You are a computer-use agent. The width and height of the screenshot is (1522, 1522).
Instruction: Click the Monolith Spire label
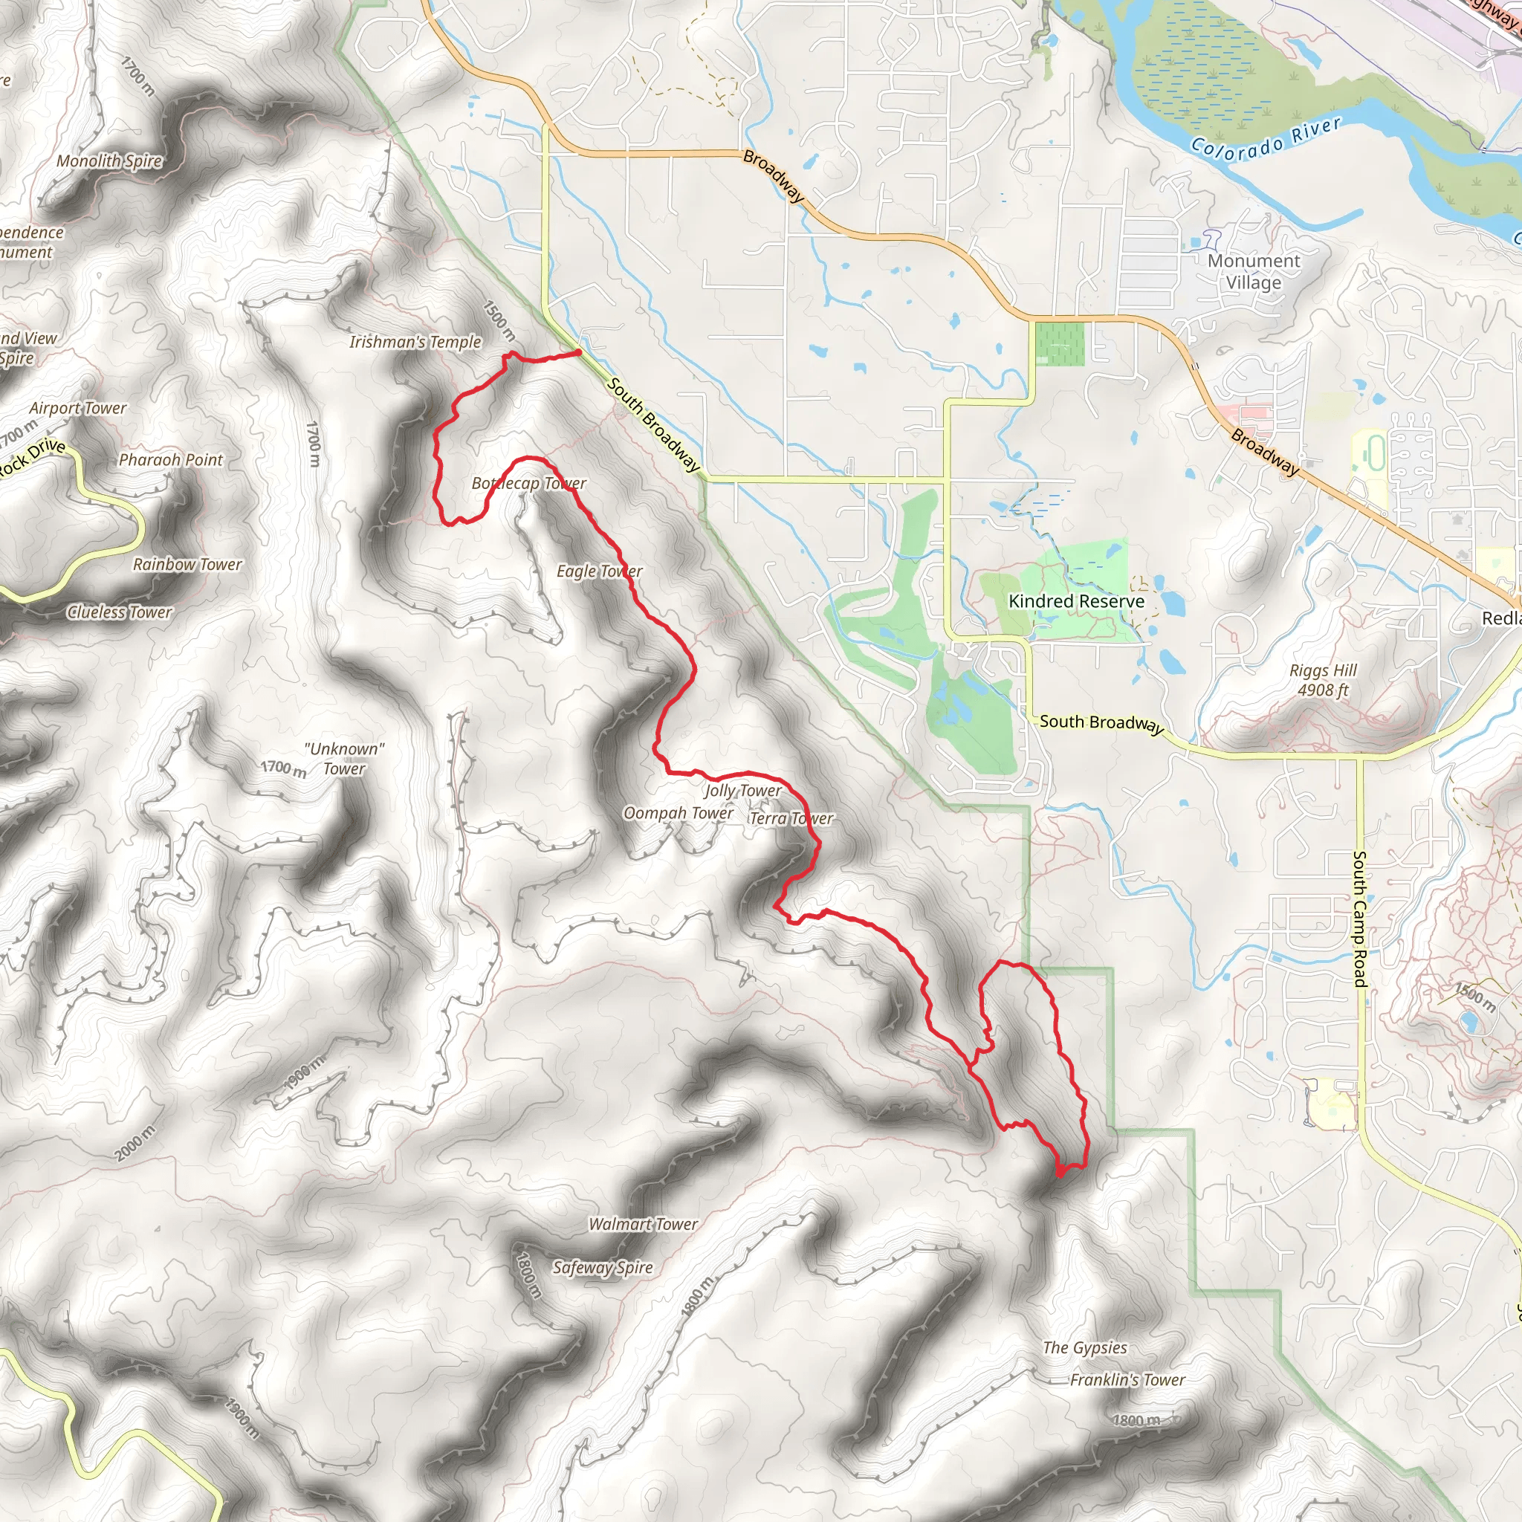click(x=109, y=161)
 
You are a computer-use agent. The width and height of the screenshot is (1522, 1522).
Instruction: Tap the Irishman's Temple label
click(x=415, y=342)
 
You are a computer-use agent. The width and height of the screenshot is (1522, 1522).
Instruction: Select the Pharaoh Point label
click(x=171, y=460)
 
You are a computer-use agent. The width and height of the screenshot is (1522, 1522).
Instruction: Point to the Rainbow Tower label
click(x=187, y=565)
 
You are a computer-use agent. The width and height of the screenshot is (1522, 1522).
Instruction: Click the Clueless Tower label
click(x=120, y=612)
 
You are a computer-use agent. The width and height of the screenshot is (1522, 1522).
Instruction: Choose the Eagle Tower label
click(x=600, y=571)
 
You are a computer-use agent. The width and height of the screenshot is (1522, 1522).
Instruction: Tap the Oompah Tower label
click(x=678, y=813)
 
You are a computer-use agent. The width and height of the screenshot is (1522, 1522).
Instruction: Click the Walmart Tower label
click(x=643, y=1224)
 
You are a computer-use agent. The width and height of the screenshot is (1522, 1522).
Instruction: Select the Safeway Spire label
click(x=603, y=1268)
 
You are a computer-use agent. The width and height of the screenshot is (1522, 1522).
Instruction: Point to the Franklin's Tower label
click(x=1127, y=1379)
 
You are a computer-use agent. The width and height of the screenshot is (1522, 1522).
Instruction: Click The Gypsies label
click(x=1085, y=1348)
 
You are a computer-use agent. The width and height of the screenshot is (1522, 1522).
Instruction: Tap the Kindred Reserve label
click(x=1076, y=601)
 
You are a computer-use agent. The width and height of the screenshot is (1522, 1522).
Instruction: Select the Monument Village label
click(x=1254, y=272)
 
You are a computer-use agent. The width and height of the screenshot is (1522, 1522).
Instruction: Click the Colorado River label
click(x=1265, y=139)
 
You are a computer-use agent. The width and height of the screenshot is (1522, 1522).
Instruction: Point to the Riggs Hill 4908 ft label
click(x=1323, y=681)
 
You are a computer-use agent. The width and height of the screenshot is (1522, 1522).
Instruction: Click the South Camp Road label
click(x=1360, y=919)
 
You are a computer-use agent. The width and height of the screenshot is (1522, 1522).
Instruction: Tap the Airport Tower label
click(x=78, y=408)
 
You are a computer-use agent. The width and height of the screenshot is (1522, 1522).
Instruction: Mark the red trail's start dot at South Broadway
click(x=578, y=353)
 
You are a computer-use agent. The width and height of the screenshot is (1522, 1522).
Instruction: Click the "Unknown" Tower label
click(x=344, y=759)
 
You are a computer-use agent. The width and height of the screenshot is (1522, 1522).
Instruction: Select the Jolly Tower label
click(x=743, y=790)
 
